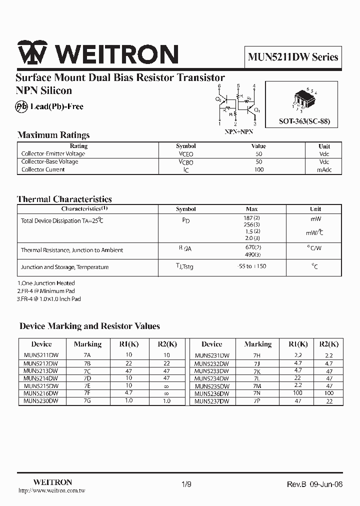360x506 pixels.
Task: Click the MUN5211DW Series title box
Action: [293, 57]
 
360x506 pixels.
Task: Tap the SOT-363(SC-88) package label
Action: [304, 121]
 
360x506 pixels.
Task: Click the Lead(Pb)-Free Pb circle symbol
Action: [21, 106]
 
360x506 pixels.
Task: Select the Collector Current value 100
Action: [258, 169]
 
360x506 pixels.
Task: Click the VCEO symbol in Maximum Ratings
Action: [185, 154]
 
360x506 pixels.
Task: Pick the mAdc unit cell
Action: [324, 169]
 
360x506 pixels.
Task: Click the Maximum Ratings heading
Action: [53, 135]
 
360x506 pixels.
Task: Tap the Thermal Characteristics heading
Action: [64, 199]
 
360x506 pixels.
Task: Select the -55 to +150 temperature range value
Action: [251, 266]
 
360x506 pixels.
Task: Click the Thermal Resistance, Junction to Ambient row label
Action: [72, 250]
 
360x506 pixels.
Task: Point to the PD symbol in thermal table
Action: [185, 220]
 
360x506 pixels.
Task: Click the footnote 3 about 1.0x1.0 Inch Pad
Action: [49, 299]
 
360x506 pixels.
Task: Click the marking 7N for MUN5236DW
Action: [257, 393]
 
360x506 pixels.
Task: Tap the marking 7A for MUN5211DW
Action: [87, 355]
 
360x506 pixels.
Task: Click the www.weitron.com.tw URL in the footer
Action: [51, 491]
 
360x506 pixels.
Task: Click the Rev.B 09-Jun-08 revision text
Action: [314, 484]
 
